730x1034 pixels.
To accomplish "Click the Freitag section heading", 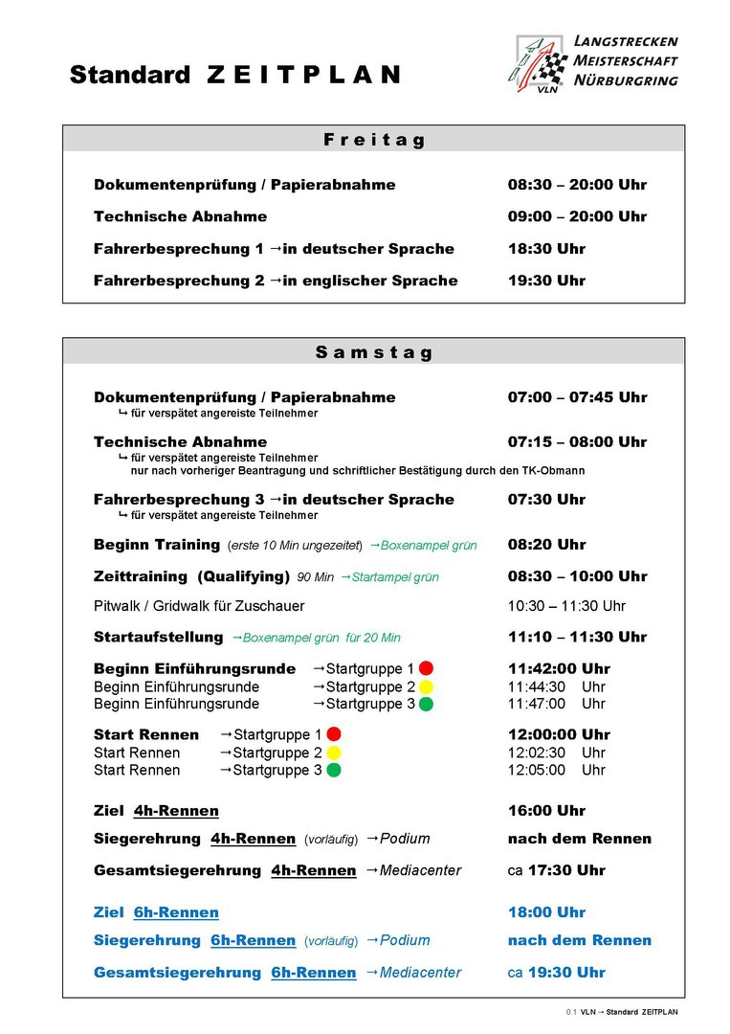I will click(x=374, y=140).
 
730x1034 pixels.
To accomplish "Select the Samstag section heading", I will click(x=374, y=352).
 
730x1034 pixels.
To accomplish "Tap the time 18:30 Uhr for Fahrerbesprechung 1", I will click(x=546, y=249).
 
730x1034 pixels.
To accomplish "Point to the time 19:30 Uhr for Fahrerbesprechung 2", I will click(x=546, y=281).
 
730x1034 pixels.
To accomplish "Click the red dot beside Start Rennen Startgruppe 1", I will click(x=334, y=734).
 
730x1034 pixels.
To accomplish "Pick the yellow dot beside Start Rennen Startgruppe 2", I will click(x=334, y=753).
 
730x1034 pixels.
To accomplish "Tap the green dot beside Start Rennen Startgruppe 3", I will click(x=334, y=770).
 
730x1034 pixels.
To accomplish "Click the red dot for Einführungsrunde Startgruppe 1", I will click(x=426, y=668).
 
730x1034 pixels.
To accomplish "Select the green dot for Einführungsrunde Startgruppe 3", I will click(x=426, y=704).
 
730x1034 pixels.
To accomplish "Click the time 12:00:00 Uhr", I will click(x=559, y=734).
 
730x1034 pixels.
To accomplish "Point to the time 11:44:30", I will click(x=537, y=686).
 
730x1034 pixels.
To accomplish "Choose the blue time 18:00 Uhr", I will click(x=546, y=912).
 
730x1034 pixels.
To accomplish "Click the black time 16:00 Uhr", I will click(x=546, y=811).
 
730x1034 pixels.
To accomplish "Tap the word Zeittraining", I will click(x=141, y=576).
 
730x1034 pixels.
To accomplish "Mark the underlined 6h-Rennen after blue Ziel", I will click(x=176, y=912).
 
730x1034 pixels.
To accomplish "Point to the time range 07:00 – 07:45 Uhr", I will click(x=577, y=397).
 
